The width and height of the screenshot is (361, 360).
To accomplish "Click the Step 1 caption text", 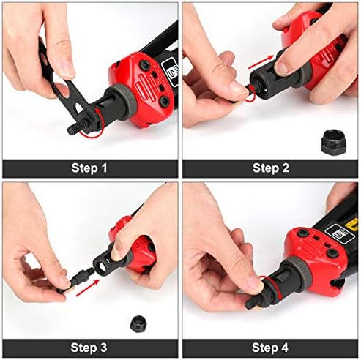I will tap(89, 168).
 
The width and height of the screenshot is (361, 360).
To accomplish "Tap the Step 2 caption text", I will tap(271, 168).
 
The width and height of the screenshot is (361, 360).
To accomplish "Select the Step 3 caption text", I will tap(89, 347).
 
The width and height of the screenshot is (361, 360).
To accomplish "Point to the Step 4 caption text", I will tap(271, 347).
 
